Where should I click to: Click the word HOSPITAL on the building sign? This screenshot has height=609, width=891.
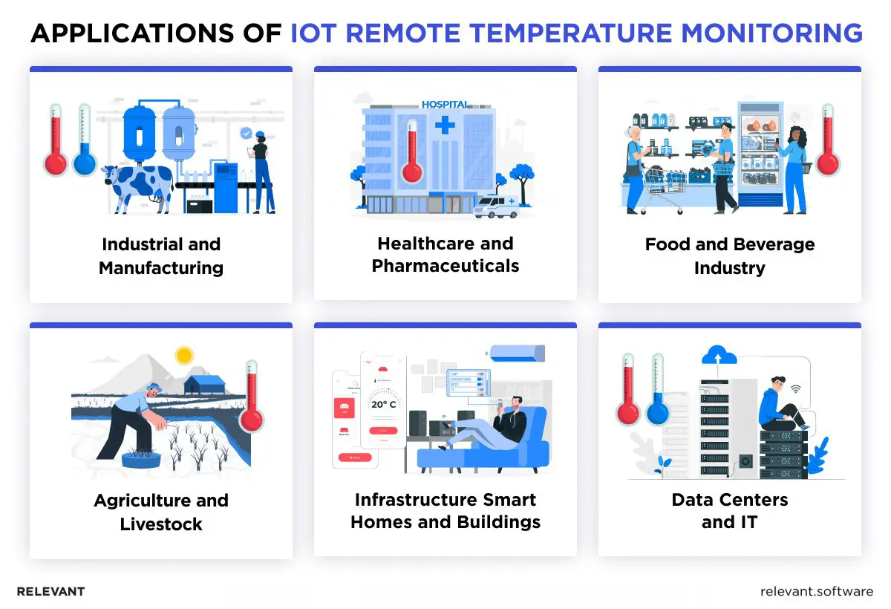pos(445,105)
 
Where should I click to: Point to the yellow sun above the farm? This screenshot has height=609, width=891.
pos(183,355)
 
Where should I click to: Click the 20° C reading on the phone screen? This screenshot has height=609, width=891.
pos(385,405)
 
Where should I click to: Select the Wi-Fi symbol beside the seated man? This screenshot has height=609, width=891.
pos(795,388)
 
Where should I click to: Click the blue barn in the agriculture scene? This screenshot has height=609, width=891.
pos(204,384)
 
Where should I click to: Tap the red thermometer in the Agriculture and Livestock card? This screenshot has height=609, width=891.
pos(251,397)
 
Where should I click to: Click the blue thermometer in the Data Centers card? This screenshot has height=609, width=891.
pos(657,390)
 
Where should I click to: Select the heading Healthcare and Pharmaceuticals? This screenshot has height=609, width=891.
pos(446,255)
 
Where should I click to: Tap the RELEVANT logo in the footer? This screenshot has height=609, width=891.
pos(50,592)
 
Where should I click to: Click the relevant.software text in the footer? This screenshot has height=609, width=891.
pos(817,592)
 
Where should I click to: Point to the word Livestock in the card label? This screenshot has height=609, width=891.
pos(161,524)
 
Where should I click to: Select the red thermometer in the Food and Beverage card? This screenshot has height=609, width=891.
pos(827,141)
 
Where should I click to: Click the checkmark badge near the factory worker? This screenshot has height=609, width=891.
pos(246,133)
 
